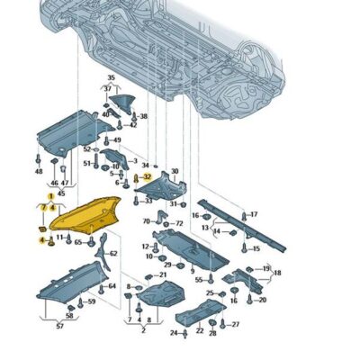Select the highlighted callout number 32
click(x=147, y=177)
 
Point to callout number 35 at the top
click(x=112, y=78)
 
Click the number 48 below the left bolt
click(x=39, y=170)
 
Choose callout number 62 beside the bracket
click(x=113, y=254)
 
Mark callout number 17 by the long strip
click(x=254, y=214)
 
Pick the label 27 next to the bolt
click(x=236, y=324)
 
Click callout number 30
click(x=175, y=171)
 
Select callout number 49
click(x=117, y=140)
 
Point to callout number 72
click(x=178, y=222)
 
